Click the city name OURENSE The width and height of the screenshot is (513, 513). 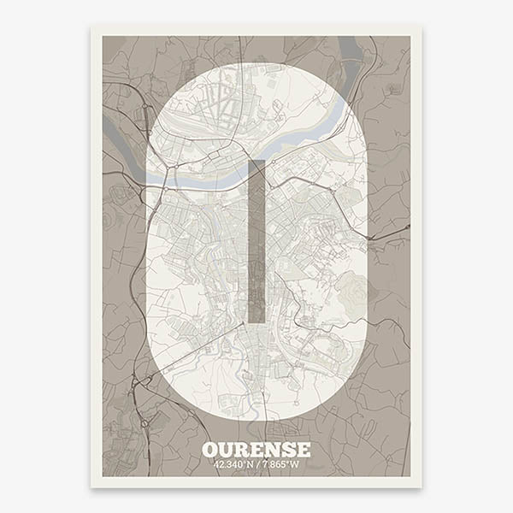pos(256,450)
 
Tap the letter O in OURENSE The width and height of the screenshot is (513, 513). pos(210,450)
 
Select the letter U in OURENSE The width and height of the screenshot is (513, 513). pos(227,450)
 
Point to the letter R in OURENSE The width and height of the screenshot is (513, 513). pos(243,450)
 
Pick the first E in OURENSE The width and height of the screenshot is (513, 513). pos(257,450)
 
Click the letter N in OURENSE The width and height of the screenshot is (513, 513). pos(273,450)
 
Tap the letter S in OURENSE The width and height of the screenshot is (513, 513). pos(288,450)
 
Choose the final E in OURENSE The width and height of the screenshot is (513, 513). pos(303,450)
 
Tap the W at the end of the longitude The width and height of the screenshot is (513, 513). pos(296,464)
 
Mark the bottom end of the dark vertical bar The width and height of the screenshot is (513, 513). pos(256,320)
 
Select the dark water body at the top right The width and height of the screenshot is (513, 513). pos(351,50)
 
